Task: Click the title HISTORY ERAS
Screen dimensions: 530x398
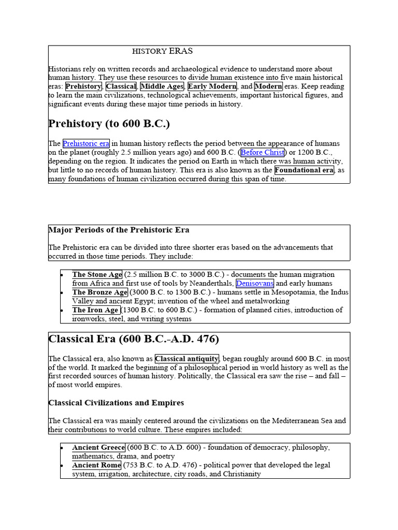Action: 162,51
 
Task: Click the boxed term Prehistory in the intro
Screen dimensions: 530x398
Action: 83,86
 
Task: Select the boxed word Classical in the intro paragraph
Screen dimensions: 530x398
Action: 121,86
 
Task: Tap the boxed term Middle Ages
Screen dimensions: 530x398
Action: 162,86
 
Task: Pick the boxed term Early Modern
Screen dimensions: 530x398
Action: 212,86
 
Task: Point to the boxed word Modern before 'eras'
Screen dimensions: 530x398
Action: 268,86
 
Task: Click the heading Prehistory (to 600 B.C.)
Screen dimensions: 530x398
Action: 109,124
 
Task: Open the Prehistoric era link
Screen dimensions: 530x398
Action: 86,144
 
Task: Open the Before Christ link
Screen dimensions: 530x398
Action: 262,153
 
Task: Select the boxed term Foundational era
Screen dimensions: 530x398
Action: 304,170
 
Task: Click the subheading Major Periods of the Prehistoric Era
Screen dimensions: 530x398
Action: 119,230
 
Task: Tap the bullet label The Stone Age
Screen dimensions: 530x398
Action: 97,275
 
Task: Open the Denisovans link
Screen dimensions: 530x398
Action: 254,284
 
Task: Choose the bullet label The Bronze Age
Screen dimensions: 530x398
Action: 99,292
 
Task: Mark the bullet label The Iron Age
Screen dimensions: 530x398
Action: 96,310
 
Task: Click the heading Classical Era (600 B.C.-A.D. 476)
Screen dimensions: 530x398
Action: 134,340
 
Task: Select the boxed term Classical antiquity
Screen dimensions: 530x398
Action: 187,359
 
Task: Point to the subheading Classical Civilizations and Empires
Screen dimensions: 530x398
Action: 116,403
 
